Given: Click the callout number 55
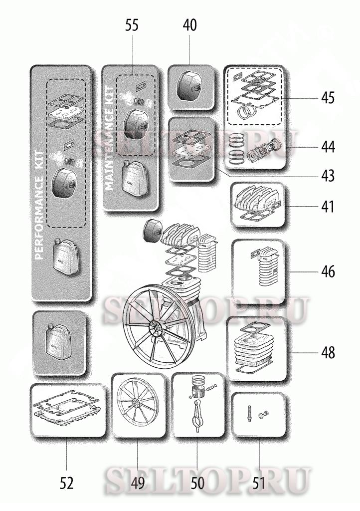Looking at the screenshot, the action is [x=132, y=25].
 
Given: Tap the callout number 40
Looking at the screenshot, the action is [x=190, y=25].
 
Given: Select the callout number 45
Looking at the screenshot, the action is [x=328, y=98].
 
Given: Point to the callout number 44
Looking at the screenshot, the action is [x=328, y=147].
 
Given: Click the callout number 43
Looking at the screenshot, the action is [x=328, y=176].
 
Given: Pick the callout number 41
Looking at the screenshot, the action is [x=328, y=207].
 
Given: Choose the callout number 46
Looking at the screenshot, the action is [x=328, y=271].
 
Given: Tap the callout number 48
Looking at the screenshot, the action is [x=328, y=352].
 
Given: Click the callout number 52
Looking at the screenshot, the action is [x=67, y=483].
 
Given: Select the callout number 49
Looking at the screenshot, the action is [x=138, y=483].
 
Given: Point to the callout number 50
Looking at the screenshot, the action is [x=197, y=483].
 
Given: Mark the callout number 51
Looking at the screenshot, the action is [x=259, y=483].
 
